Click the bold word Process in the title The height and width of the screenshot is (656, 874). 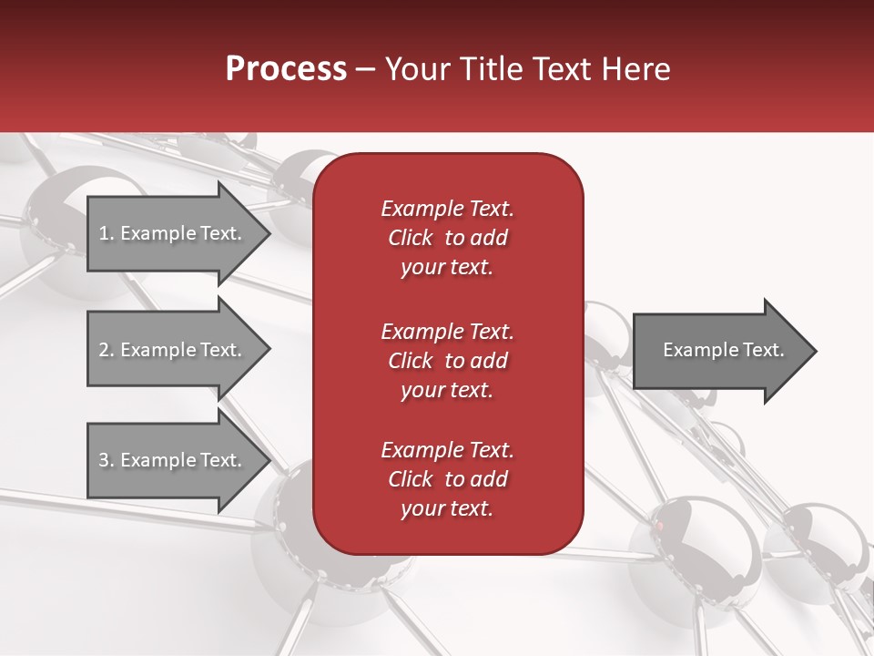(286, 69)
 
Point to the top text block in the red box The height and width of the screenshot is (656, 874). (447, 238)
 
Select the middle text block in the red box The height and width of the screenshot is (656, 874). (447, 361)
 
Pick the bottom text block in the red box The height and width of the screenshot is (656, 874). (447, 479)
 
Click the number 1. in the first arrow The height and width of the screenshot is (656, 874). (107, 233)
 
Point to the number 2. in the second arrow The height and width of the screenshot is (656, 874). (107, 350)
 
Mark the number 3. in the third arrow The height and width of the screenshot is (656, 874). (107, 460)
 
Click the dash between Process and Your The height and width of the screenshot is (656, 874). (366, 69)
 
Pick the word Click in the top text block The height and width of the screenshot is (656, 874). (411, 238)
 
